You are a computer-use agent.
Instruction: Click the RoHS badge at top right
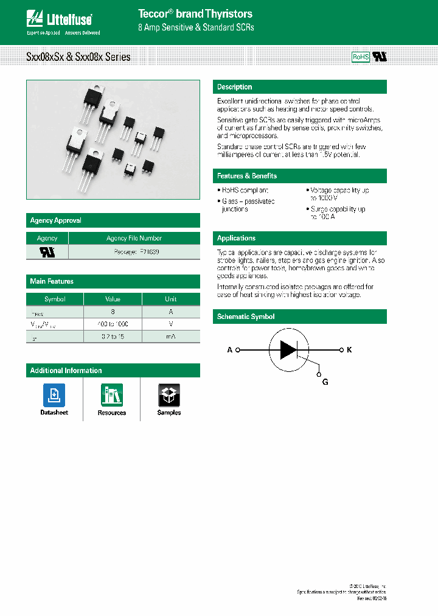361,57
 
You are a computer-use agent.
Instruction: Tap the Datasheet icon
54,395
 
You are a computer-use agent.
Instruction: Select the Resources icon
112,395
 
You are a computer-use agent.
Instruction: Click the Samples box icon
169,395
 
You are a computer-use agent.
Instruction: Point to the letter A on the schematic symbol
230,350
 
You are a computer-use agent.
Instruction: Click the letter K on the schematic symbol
349,350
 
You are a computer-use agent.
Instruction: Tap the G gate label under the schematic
325,382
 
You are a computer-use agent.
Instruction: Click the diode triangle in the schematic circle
288,350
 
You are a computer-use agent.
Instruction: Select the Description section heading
235,87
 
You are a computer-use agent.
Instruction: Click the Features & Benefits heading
247,176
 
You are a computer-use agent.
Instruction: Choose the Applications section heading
237,238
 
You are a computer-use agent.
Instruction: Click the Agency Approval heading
56,220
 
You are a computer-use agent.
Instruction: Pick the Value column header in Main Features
113,299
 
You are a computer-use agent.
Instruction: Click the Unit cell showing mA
171,337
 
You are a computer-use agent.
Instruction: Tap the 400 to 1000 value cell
113,324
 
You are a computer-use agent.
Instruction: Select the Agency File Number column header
134,238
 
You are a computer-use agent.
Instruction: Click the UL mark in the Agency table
47,251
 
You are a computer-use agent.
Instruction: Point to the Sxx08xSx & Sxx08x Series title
78,57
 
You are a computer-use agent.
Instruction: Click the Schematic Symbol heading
246,317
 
